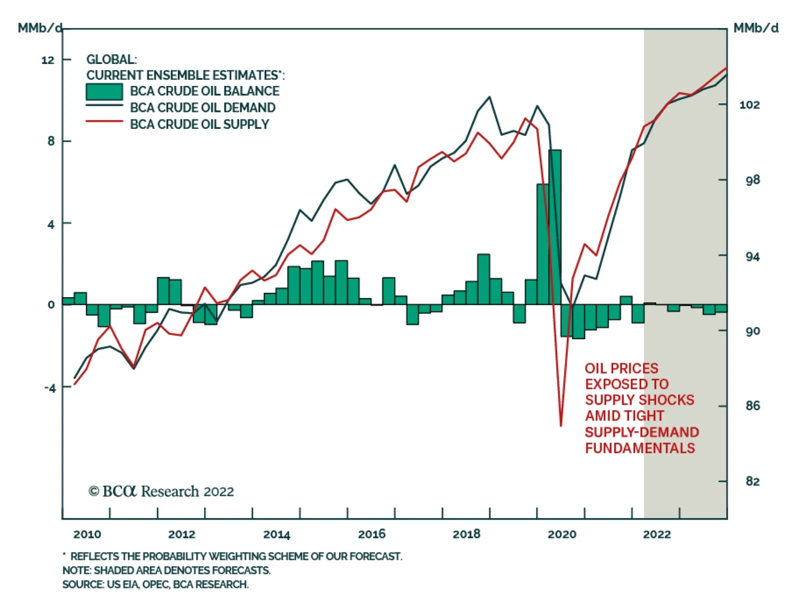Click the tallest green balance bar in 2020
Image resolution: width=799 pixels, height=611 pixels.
tap(554, 227)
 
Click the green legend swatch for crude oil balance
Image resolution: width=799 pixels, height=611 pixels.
tap(104, 92)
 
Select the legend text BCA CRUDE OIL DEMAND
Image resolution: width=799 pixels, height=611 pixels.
tap(202, 108)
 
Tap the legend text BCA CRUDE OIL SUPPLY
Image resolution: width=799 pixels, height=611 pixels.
tap(199, 124)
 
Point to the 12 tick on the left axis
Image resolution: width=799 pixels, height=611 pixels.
tap(48, 60)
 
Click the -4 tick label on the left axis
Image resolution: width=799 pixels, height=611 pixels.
tap(49, 388)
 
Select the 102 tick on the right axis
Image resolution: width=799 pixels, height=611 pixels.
tap(749, 105)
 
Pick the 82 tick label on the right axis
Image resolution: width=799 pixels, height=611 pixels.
tap(753, 481)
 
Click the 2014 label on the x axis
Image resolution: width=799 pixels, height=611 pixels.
tap(276, 535)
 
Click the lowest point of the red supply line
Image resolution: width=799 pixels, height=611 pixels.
tap(561, 426)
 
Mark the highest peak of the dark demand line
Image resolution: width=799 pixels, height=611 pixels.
tap(489, 97)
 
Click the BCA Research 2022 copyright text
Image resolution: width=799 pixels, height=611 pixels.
tap(161, 492)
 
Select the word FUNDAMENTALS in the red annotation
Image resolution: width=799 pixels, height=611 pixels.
tap(640, 448)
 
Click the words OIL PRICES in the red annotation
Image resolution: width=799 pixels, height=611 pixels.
tap(621, 369)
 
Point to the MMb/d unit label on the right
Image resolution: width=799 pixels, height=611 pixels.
tap(756, 28)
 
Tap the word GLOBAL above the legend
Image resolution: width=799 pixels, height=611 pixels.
tap(111, 59)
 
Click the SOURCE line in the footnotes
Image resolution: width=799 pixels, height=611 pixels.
tap(155, 585)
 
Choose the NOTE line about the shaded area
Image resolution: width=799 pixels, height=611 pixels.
tap(166, 571)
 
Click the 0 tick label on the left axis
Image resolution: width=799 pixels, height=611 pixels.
tap(51, 305)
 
